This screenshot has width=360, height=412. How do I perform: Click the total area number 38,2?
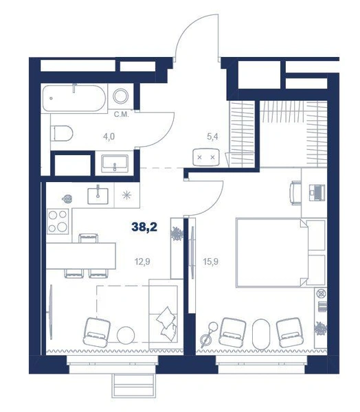pos(144,227)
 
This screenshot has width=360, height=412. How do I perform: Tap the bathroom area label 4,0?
pos(109,137)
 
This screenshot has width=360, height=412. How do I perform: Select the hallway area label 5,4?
pos(212,137)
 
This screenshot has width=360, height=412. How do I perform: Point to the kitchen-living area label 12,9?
pos(142,262)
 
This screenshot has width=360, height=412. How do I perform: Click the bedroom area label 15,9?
pos(211,262)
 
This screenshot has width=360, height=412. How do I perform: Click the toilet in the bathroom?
pos(62,133)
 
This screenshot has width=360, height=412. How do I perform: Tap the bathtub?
pos(74,98)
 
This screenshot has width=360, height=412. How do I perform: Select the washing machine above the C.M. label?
pos(121,95)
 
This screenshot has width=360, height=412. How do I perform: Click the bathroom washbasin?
pos(115,163)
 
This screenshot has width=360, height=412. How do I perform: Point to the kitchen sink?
pos(98,196)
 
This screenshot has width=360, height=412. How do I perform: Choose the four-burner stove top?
pos(58,221)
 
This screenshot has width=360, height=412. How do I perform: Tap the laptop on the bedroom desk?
pos(317,192)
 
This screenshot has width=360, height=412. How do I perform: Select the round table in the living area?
pos(126,335)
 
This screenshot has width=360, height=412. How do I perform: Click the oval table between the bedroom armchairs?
pos(261,334)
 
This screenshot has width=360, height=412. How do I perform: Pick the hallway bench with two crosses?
pos(206,157)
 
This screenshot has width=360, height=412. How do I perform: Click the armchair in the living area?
pos(96,332)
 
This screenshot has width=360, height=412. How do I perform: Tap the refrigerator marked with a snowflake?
pos(127,196)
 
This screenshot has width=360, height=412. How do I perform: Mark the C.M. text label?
pos(121,115)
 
